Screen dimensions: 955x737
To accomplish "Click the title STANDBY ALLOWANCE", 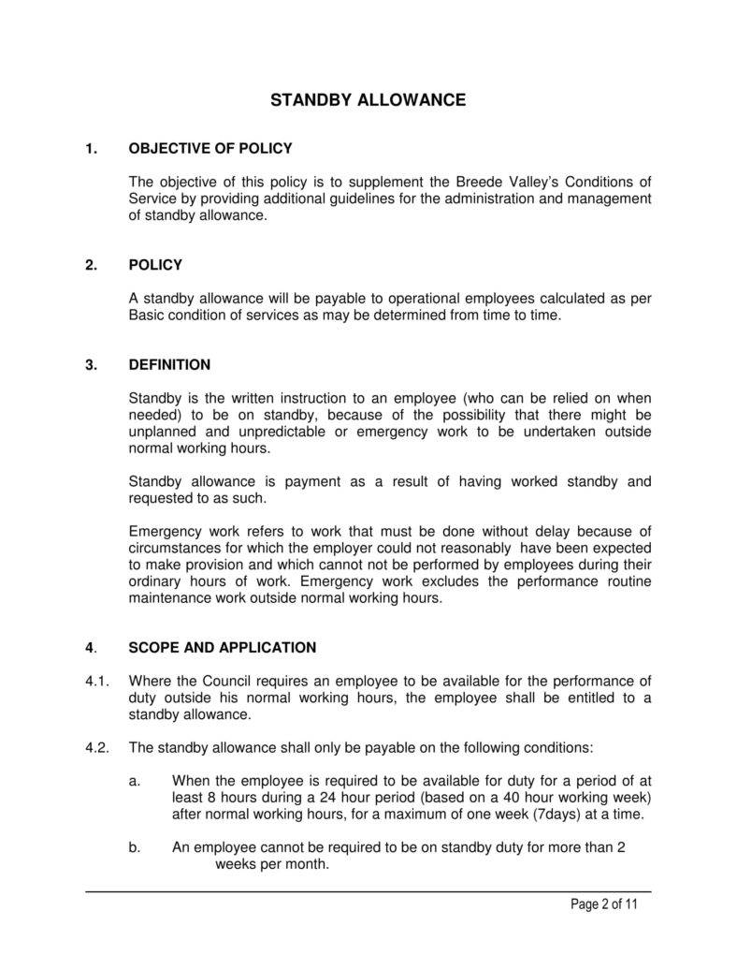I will coord(368,100).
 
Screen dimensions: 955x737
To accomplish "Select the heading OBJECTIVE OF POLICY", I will coord(210,148).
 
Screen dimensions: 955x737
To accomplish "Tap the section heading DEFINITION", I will coord(169,364).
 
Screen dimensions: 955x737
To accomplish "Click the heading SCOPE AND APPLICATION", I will coord(223,647).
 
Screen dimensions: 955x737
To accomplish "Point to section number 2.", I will coord(91,265).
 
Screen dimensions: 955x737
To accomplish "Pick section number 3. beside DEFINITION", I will coord(91,364).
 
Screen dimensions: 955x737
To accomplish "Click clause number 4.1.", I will coord(97,681).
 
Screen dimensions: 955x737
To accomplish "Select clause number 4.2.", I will coord(97,747).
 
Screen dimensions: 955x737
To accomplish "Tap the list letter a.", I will coord(135,780).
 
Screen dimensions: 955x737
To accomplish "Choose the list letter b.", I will coord(135,847).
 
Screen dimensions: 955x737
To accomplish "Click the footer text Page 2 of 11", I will coord(604,904).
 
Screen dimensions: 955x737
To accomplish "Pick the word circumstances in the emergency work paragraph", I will coord(170,548).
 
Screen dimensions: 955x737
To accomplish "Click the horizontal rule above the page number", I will coord(368,891).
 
